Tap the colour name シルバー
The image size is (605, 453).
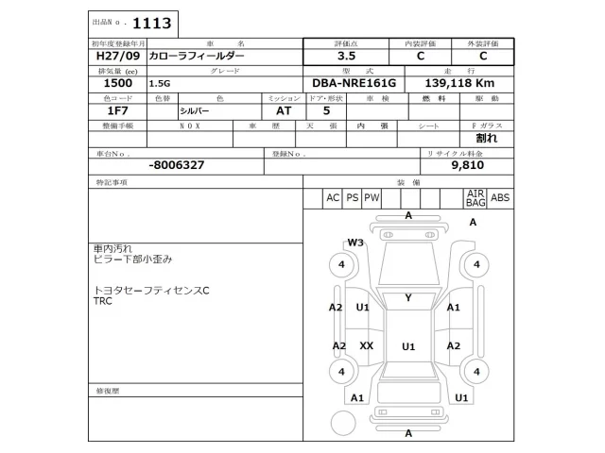(x=196, y=110)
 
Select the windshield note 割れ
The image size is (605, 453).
(x=487, y=138)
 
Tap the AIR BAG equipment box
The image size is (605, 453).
(x=475, y=197)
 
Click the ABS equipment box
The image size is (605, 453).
(x=500, y=197)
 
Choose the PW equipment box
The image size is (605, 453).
(x=372, y=197)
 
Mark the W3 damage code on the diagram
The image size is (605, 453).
(x=354, y=243)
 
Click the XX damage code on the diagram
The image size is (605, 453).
(x=366, y=345)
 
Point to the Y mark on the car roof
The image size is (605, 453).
(x=407, y=298)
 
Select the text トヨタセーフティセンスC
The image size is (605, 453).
(x=151, y=290)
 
